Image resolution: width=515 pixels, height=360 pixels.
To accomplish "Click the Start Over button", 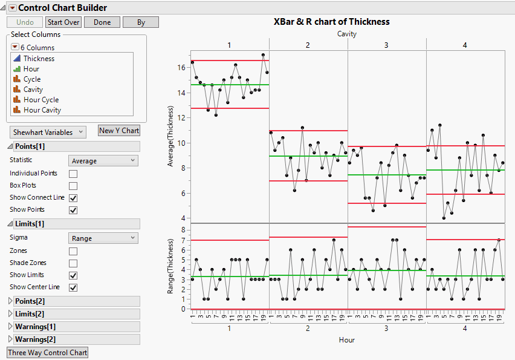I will (63, 22).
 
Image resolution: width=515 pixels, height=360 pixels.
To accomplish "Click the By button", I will (141, 22).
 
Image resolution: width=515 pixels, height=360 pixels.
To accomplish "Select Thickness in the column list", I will (39, 59).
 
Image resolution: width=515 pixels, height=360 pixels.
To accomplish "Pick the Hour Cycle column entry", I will (41, 100).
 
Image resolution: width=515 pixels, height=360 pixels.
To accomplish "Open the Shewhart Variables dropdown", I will (48, 132).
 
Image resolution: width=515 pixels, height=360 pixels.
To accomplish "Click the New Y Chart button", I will (119, 131).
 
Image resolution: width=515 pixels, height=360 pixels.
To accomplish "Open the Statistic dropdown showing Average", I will (104, 161).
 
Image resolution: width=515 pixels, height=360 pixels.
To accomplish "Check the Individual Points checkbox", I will (73, 174).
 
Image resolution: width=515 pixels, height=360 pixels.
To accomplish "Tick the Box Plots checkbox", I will (73, 186).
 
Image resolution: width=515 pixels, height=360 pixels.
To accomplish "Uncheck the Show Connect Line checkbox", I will (73, 198).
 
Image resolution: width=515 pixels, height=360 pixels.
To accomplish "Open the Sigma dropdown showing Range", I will (104, 238).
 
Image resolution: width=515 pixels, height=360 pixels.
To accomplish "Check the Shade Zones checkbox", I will (73, 263).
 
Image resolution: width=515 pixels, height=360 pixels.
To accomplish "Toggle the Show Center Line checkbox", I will (73, 287).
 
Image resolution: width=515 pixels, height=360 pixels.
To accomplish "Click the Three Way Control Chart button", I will (47, 353).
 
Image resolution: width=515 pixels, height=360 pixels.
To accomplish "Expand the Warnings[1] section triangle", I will (10, 327).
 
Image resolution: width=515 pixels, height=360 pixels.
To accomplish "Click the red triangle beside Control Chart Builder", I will (12, 8).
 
